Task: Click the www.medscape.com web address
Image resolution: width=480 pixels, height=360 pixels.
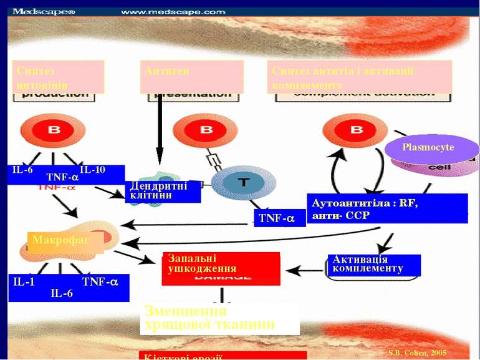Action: (173, 11)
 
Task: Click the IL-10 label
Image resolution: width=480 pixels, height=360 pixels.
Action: (93, 170)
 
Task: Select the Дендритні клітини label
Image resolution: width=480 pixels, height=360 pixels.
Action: (163, 191)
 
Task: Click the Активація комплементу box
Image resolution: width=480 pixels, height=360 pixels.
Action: (373, 265)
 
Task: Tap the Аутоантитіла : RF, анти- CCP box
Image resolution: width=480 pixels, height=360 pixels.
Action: (387, 208)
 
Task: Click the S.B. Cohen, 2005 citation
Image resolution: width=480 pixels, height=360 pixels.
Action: (417, 353)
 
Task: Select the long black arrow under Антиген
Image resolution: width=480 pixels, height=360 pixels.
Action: (160, 131)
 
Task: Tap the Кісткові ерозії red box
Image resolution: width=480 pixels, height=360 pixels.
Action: (223, 356)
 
